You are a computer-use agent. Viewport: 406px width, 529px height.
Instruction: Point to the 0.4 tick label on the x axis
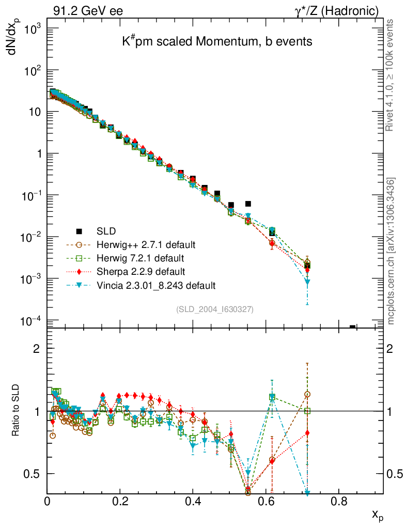pyautogui.click(x=193, y=501)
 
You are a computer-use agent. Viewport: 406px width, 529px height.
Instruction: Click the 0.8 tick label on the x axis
pyautogui.click(x=339, y=501)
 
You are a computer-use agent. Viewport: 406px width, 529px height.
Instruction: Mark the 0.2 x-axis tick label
pyautogui.click(x=120, y=501)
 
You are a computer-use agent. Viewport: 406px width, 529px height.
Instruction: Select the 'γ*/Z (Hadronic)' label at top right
pyautogui.click(x=336, y=11)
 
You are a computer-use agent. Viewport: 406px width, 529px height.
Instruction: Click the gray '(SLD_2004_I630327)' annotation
pyautogui.click(x=215, y=309)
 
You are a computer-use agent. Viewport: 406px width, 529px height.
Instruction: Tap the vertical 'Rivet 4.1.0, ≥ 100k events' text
pyautogui.click(x=391, y=75)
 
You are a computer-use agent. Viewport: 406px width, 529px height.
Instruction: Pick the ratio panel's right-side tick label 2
pyautogui.click(x=393, y=349)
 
